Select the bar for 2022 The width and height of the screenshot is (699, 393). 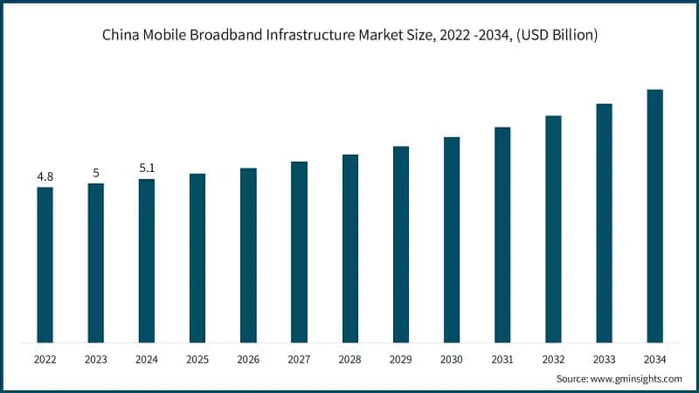(45, 265)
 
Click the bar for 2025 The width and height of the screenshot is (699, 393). (197, 258)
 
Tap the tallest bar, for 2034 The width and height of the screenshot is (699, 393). (654, 216)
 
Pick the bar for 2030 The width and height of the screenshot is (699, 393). (452, 239)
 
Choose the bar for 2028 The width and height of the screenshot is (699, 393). (349, 248)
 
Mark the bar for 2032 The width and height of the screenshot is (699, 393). (553, 229)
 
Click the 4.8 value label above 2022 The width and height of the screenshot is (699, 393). (45, 177)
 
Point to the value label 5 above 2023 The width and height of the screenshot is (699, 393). (96, 173)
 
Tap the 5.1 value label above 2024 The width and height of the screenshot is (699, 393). (147, 169)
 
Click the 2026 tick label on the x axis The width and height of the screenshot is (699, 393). (248, 359)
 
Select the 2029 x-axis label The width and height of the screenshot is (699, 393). (401, 359)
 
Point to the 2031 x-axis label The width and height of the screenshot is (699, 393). (502, 359)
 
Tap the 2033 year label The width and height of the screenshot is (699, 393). (604, 359)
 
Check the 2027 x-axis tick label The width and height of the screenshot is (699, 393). (299, 359)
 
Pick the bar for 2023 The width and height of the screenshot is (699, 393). (96, 263)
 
